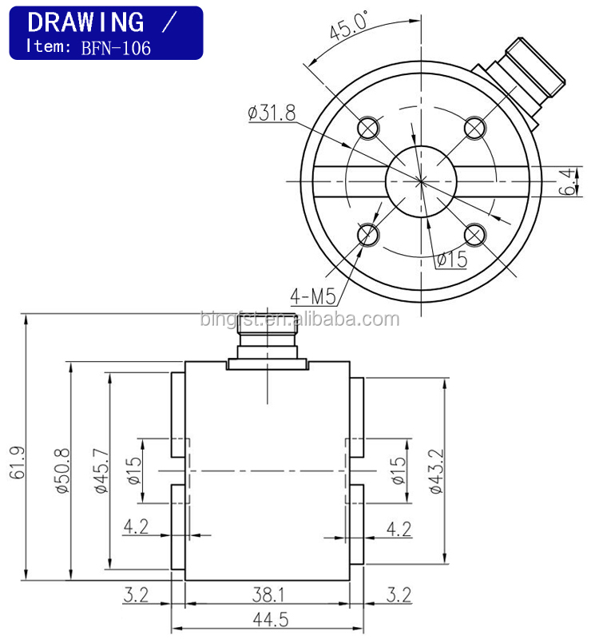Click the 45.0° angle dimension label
click(349, 26)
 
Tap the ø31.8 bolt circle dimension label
click(272, 113)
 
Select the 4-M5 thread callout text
click(313, 296)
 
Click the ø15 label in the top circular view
click(452, 259)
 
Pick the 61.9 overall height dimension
click(17, 462)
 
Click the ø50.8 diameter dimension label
click(62, 470)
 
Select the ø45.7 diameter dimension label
click(101, 470)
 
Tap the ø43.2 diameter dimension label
click(435, 471)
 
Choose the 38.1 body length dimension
click(268, 594)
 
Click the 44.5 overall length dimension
click(271, 620)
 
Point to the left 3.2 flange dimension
click(136, 594)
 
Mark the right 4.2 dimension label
click(399, 529)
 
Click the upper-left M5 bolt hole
click(368, 128)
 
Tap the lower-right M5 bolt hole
click(474, 235)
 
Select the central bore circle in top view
click(422, 182)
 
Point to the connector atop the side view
click(267, 342)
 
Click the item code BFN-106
click(116, 48)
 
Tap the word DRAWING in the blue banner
click(85, 22)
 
